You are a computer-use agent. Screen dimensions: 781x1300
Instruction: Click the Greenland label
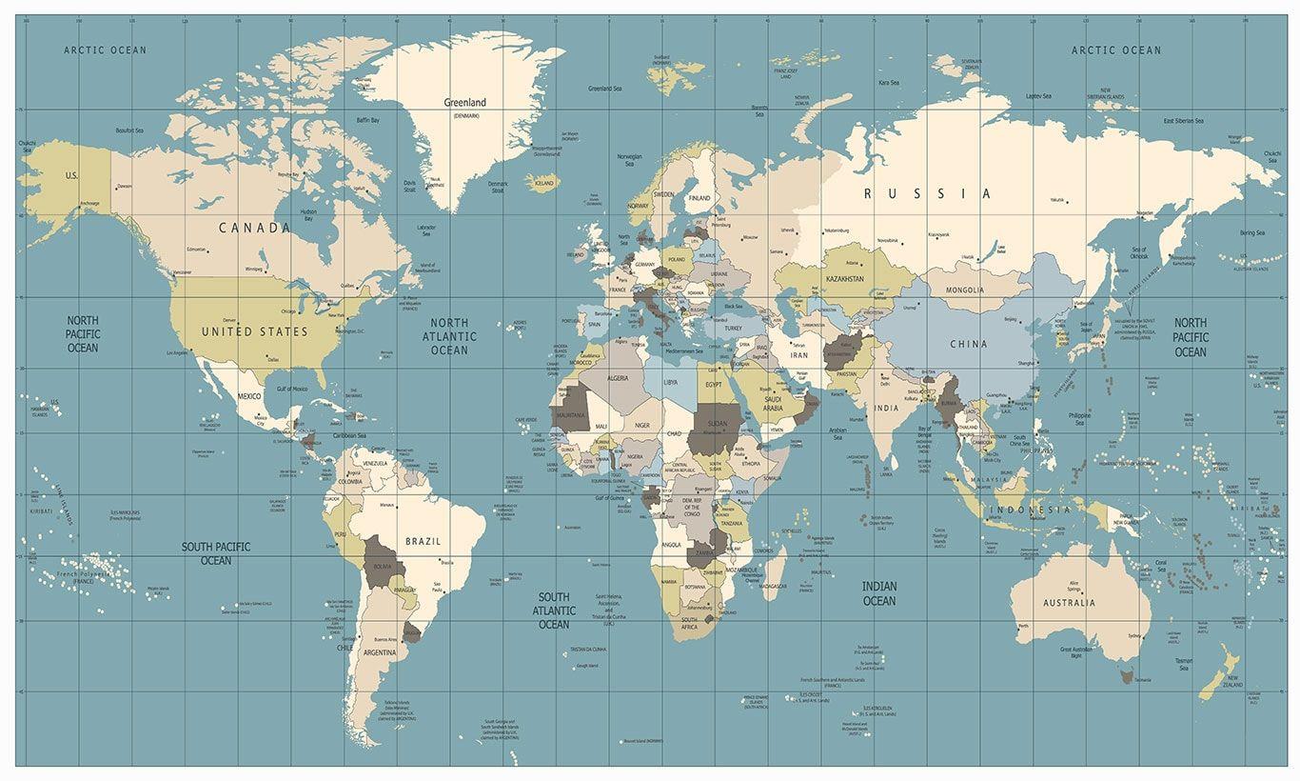coord(464,103)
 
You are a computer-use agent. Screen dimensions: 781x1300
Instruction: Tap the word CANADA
coord(254,228)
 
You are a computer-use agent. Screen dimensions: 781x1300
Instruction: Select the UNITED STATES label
coord(254,331)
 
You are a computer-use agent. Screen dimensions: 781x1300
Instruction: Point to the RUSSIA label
coord(927,193)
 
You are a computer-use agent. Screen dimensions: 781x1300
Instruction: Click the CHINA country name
coord(968,344)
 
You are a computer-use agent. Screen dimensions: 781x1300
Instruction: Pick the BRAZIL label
coord(423,541)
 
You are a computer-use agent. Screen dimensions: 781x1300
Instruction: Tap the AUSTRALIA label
coord(1068,603)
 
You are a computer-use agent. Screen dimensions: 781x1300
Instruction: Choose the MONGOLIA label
coord(965,290)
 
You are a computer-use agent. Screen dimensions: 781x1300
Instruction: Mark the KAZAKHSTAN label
coord(844,279)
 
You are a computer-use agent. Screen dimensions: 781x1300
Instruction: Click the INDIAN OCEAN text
coord(878,593)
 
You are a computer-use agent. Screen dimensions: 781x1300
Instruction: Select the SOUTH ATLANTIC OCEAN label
coord(554,611)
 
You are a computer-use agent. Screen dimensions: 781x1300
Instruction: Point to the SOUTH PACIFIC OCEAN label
coord(216,553)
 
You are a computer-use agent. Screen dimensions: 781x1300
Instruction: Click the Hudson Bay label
coord(308,215)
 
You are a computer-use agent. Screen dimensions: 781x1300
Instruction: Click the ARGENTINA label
coord(380,652)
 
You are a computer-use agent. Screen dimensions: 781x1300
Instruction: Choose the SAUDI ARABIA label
coord(773,404)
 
